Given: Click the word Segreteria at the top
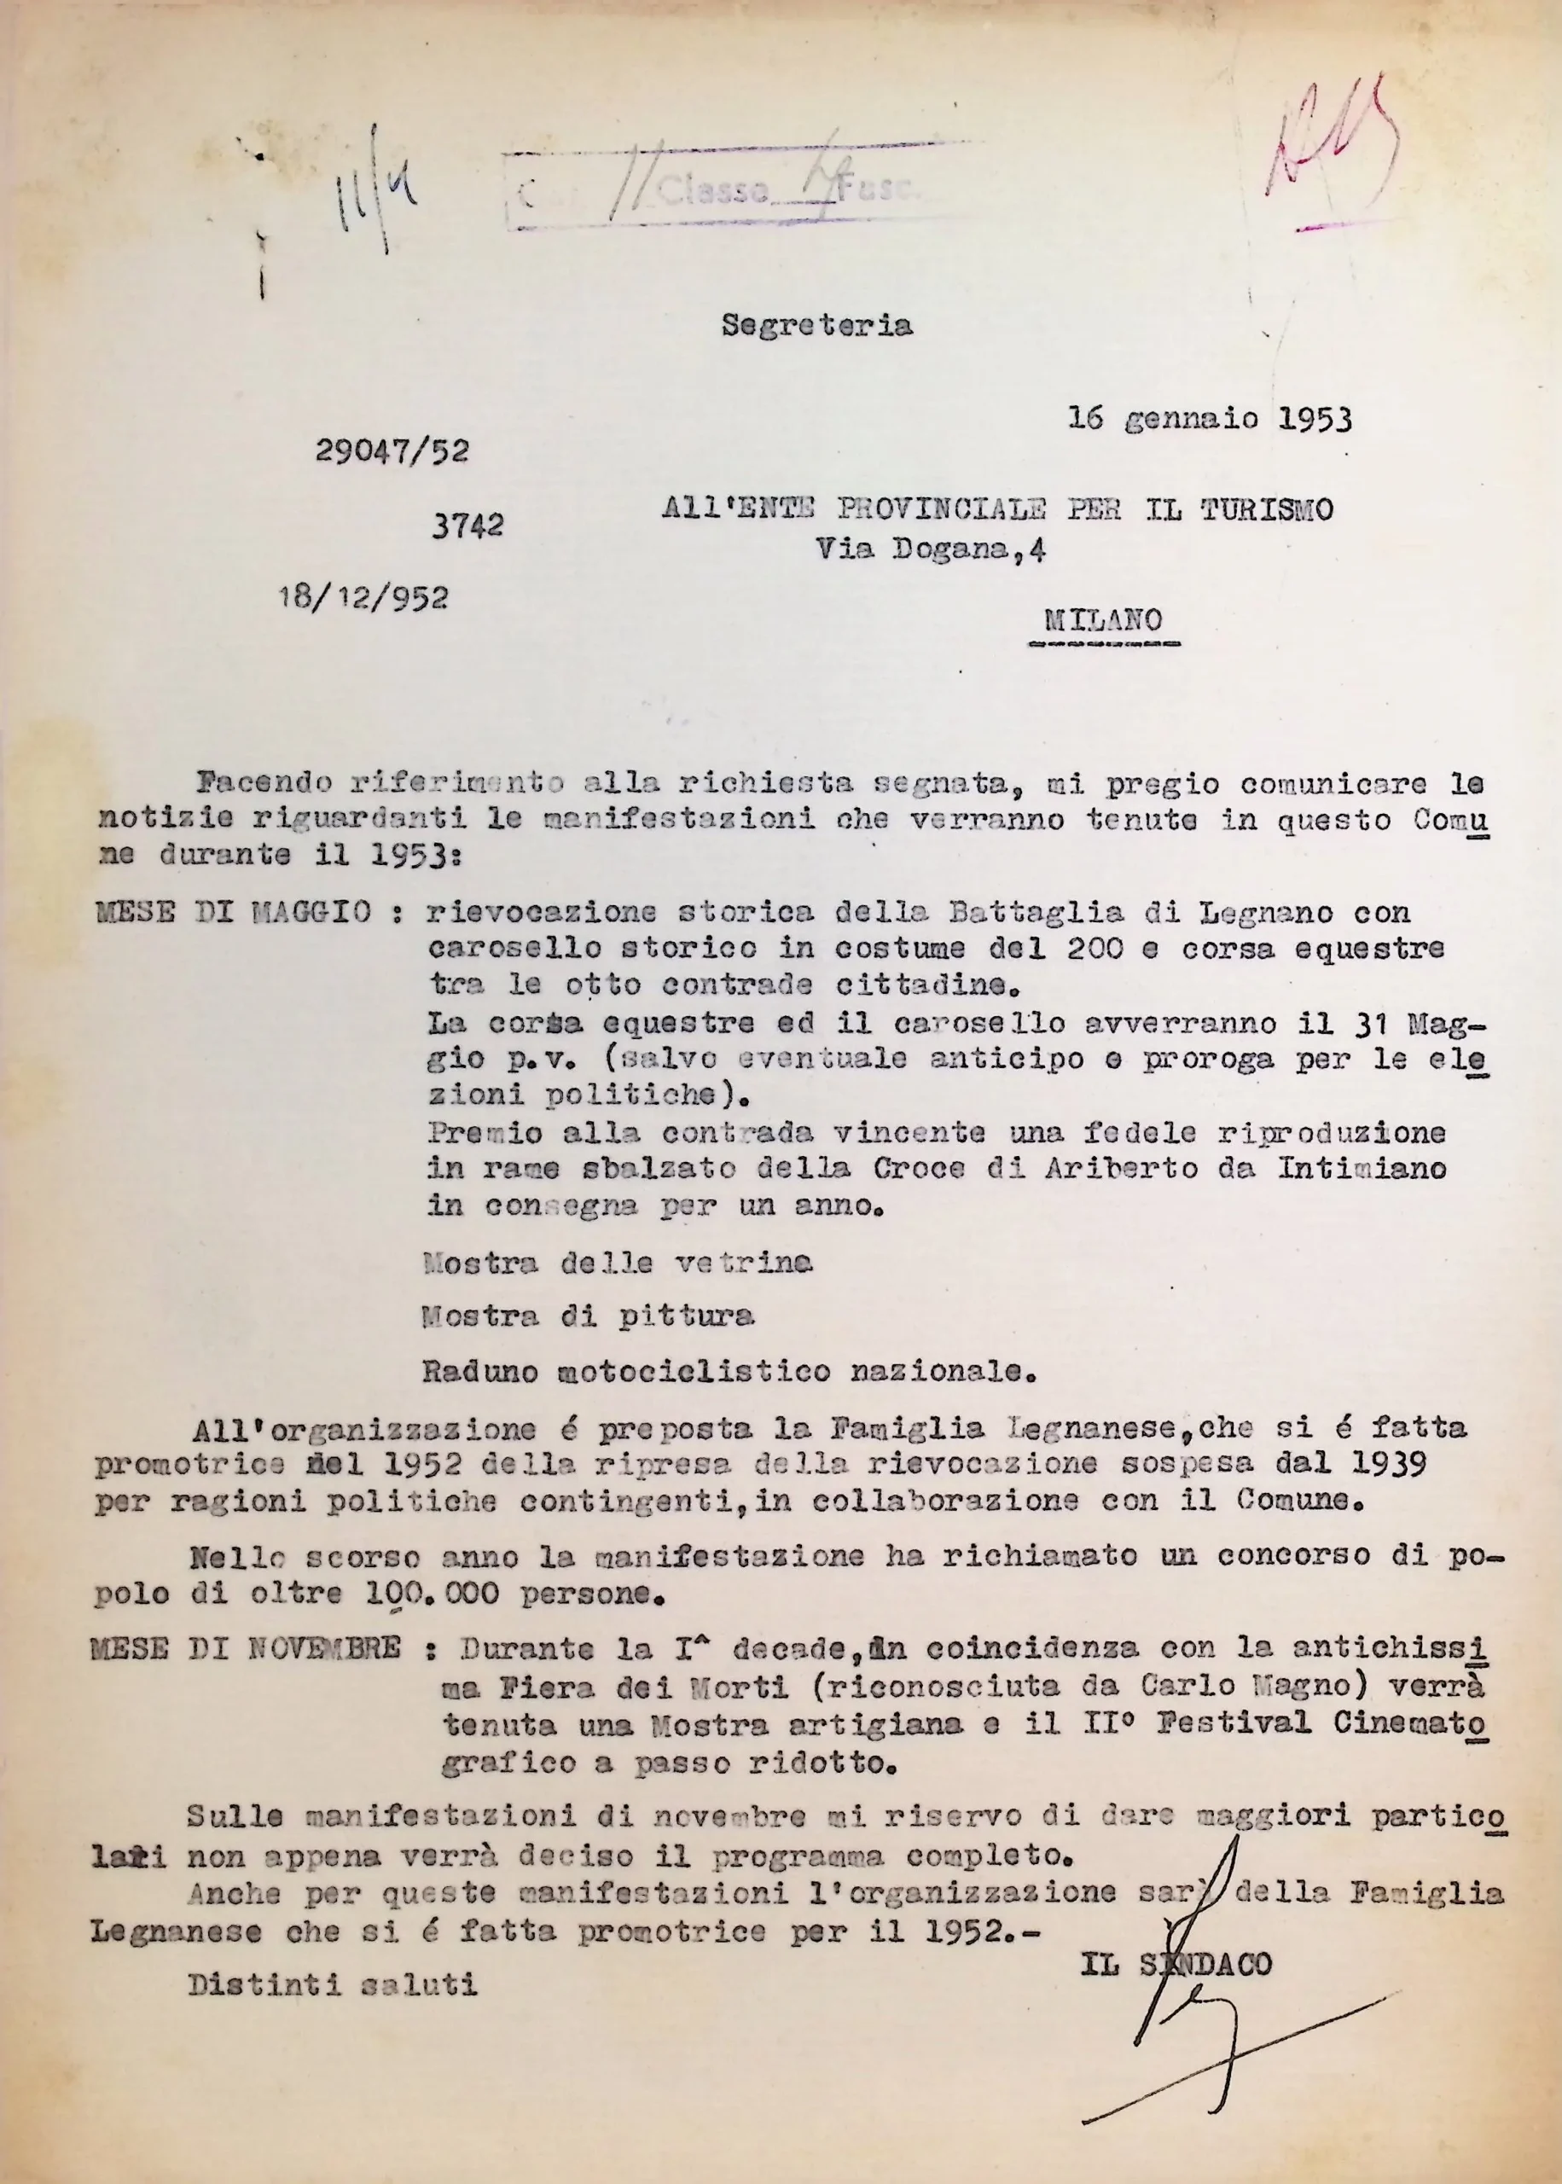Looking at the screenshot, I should (816, 326).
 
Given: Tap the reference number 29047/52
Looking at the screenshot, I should (392, 451).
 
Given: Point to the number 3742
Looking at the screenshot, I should (467, 525).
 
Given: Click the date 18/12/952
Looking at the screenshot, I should (363, 598).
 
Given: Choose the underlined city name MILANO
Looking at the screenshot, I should (1103, 620).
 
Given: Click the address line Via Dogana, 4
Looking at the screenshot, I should (931, 549).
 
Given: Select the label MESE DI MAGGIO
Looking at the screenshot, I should (234, 912).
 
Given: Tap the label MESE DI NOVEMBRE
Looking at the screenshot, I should (246, 1648).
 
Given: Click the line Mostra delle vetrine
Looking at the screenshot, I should (618, 1263).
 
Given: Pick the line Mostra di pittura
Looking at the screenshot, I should (588, 1316).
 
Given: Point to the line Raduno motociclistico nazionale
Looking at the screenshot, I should (729, 1371).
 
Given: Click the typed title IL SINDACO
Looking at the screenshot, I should (1176, 1937).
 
